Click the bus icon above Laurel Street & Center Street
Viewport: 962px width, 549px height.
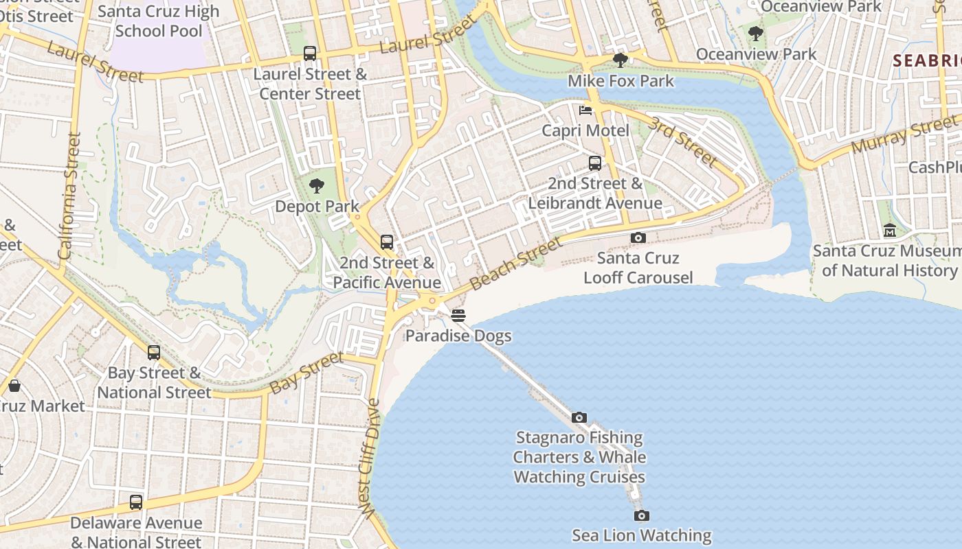pos(310,54)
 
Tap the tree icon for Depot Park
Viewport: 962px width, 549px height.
pos(317,185)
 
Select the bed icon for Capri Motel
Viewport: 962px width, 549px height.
pos(585,110)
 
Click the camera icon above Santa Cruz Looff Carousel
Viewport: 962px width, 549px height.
pos(638,237)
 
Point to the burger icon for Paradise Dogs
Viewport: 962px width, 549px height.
pos(458,315)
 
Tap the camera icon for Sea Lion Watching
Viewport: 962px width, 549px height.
pos(641,515)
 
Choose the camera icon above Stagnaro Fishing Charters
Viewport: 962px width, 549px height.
pos(579,417)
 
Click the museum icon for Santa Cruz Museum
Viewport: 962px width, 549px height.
pos(890,230)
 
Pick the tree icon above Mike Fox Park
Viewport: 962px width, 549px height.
pos(620,60)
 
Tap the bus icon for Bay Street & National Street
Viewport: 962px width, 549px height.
pos(154,353)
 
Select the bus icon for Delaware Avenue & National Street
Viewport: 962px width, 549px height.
pos(136,502)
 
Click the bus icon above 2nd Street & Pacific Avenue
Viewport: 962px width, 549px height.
pos(387,242)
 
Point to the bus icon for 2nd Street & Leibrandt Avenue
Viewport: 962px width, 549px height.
pos(595,163)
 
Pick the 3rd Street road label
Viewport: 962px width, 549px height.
pos(684,141)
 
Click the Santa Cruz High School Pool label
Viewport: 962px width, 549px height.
pos(159,21)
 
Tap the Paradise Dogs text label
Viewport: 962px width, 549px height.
pos(458,336)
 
